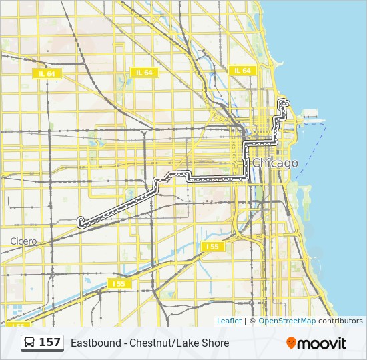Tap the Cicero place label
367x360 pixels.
click(23, 241)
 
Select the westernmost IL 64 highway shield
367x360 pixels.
click(47, 73)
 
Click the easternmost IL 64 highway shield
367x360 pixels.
click(242, 70)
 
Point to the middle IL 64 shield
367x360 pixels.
click(144, 72)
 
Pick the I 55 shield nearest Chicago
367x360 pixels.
click(212, 247)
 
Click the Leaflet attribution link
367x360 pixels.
click(229, 321)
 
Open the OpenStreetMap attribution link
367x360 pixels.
click(287, 321)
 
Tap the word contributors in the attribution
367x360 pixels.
click(340, 321)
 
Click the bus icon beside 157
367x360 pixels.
click(29, 343)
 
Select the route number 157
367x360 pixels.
click(50, 343)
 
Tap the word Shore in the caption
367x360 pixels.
click(216, 343)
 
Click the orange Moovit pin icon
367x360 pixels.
click(291, 343)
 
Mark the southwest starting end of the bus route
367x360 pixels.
click(81, 223)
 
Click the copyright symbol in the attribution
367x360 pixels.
click(252, 321)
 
